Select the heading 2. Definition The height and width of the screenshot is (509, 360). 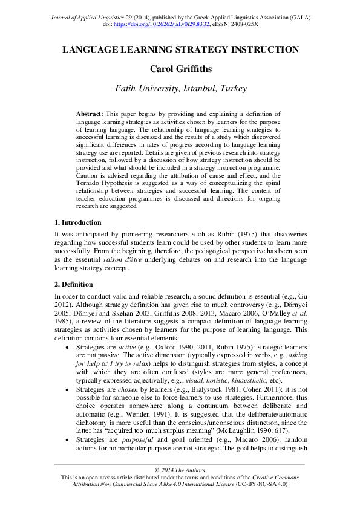coord(74,284)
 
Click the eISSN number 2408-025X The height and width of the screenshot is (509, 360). coord(262,25)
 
